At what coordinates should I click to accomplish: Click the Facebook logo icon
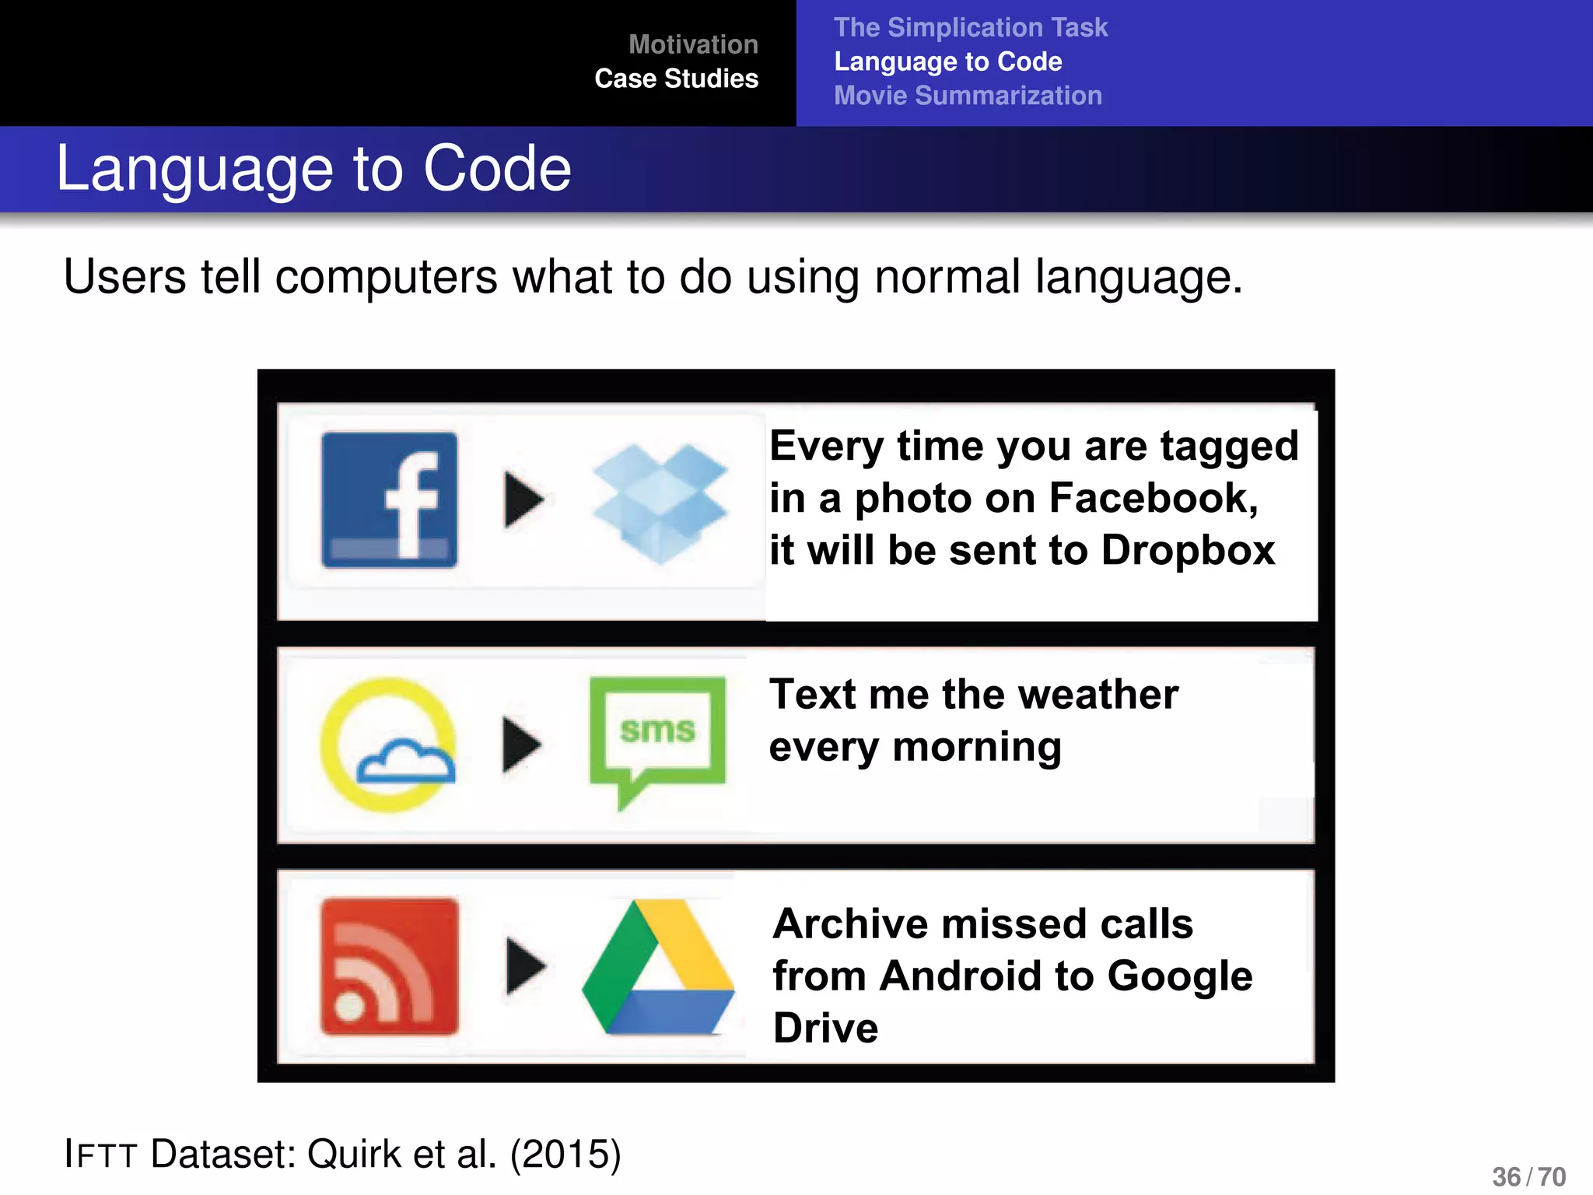coord(389,499)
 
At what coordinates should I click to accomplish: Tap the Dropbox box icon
coord(660,502)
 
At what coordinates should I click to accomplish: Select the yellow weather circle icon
coord(387,745)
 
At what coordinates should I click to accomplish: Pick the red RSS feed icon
coord(389,966)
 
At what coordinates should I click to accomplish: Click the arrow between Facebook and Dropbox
coord(523,499)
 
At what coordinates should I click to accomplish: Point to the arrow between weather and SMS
coord(521,745)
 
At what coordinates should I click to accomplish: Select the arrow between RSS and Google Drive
coord(525,966)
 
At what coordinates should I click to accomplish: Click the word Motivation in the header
coord(693,44)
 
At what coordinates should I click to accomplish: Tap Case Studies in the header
coord(676,79)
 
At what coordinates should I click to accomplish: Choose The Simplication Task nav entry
coord(970,27)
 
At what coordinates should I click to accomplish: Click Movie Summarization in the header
coord(968,96)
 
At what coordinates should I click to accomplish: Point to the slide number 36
coord(1506,1176)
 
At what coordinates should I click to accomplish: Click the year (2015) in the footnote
coord(565,1154)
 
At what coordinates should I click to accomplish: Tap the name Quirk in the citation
coord(355,1154)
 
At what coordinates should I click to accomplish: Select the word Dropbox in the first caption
coord(1188,550)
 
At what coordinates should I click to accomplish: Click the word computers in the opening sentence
coord(386,277)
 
